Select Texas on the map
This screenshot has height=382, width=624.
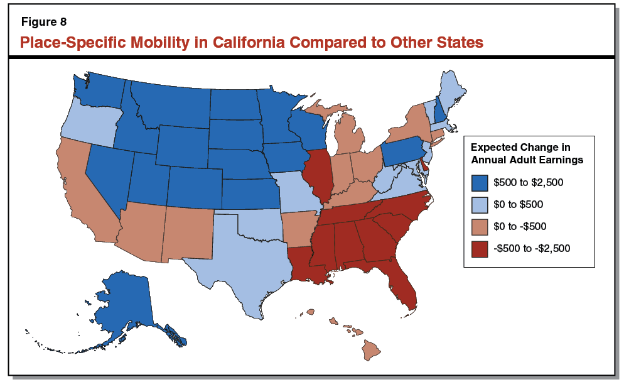click(x=242, y=264)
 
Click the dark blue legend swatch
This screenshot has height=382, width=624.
click(x=480, y=183)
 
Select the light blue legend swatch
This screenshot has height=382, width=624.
click(x=480, y=204)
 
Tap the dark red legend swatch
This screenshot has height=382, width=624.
click(x=480, y=248)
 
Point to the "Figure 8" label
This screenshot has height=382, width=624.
click(x=44, y=23)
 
